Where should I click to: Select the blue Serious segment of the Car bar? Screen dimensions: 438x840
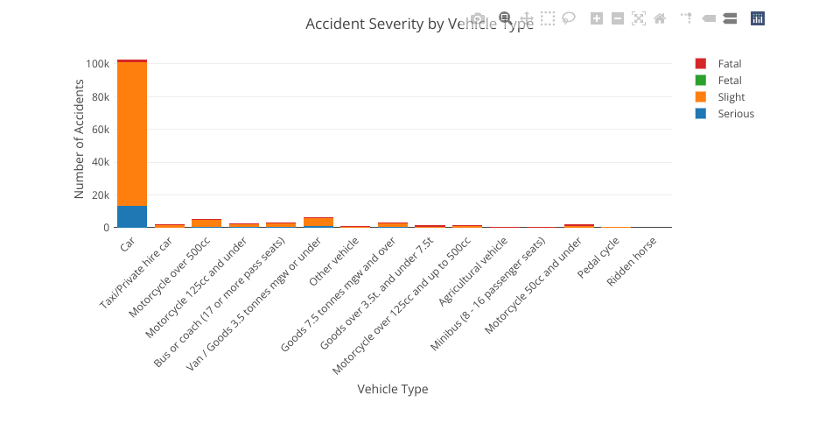pyautogui.click(x=131, y=216)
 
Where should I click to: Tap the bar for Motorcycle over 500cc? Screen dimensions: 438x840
pyautogui.click(x=206, y=223)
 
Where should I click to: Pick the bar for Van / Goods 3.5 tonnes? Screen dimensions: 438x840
pyautogui.click(x=318, y=223)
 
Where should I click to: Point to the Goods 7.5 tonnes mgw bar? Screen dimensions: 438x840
pyautogui.click(x=393, y=225)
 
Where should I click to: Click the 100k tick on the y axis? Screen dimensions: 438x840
pyautogui.click(x=96, y=64)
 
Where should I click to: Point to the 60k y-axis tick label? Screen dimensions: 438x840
pyautogui.click(x=99, y=130)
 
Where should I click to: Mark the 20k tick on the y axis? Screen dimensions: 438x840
pyautogui.click(x=99, y=195)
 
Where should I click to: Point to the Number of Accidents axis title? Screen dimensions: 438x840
pyautogui.click(x=79, y=138)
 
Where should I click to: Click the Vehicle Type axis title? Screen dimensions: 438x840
pyautogui.click(x=393, y=389)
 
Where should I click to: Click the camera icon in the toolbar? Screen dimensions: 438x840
pyautogui.click(x=477, y=18)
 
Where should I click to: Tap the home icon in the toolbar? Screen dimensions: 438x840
pyautogui.click(x=660, y=18)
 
